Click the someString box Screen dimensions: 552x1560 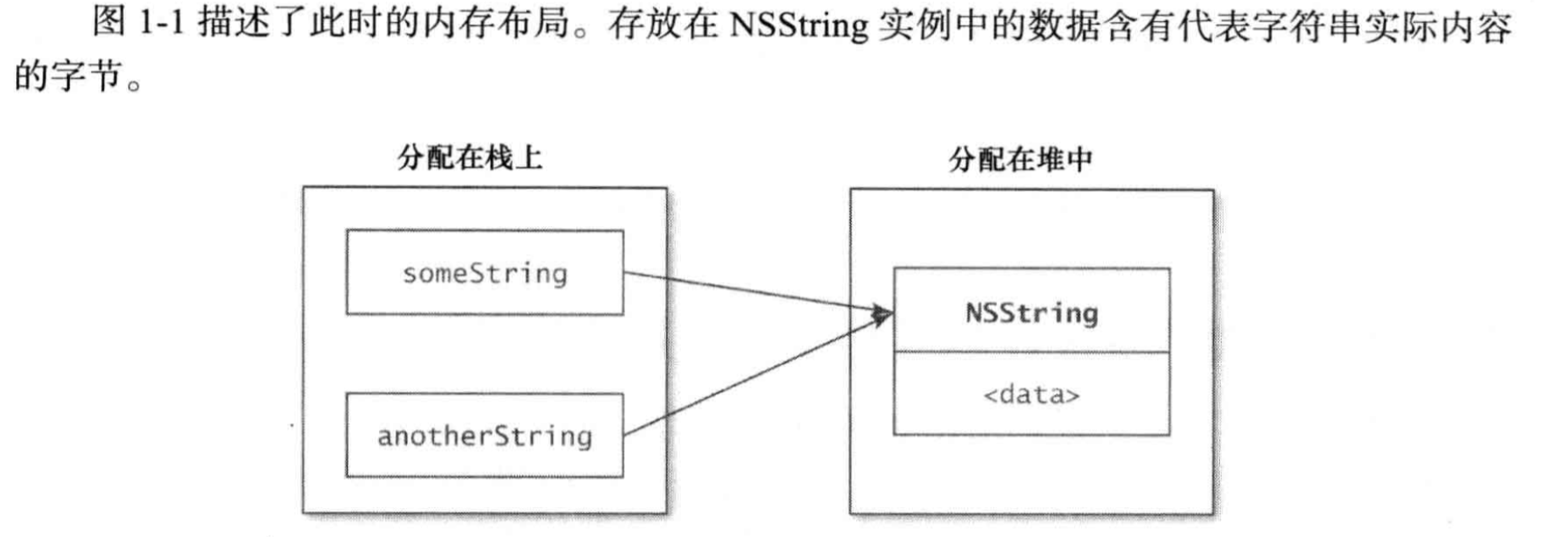485,273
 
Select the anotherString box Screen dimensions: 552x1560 485,435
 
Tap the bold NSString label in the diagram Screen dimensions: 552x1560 1031,312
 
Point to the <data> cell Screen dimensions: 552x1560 1031,395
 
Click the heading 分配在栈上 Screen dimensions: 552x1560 470,157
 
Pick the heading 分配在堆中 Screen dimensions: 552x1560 1021,159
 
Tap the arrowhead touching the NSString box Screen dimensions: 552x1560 883,316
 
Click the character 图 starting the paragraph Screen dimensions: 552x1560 109,23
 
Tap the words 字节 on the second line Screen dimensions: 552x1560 87,76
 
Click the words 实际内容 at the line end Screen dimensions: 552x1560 1438,25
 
